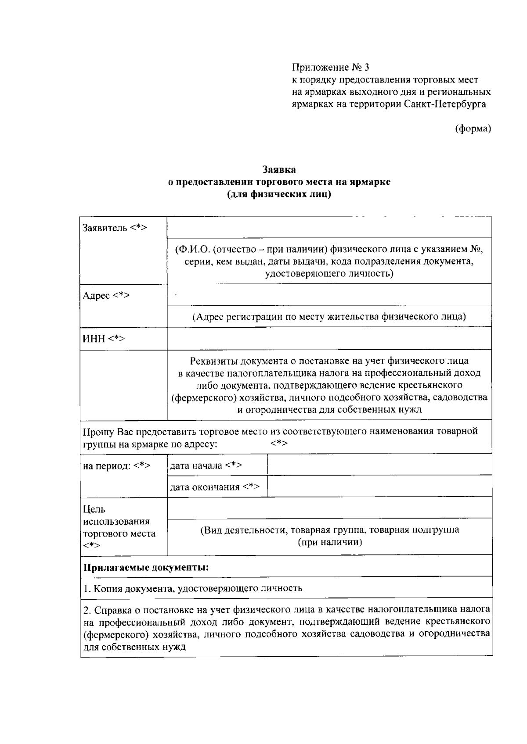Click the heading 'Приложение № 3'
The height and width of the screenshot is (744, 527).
tap(331, 68)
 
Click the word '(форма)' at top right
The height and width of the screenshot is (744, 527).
tap(473, 129)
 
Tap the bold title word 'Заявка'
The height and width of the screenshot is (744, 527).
tap(279, 169)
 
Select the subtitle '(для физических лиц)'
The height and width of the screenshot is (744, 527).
tap(279, 194)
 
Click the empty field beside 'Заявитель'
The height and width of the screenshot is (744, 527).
tap(329, 227)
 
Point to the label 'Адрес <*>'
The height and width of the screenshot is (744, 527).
tap(106, 295)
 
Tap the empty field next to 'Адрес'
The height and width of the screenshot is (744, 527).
tap(329, 294)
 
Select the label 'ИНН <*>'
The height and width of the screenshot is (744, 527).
tap(104, 339)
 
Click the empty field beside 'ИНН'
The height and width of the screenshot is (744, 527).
tap(329, 338)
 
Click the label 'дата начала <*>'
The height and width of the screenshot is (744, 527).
tap(206, 465)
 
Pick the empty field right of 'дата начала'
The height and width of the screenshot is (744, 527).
tap(379, 465)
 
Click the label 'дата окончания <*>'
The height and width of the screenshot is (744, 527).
tap(215, 487)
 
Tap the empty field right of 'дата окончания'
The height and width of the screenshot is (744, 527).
tap(379, 486)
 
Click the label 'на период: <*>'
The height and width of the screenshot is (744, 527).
tap(117, 466)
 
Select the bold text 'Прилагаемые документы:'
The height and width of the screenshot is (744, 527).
tap(146, 568)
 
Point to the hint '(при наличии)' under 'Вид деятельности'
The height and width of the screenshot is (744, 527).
tap(330, 542)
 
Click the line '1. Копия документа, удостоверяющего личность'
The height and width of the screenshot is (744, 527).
tap(193, 588)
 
